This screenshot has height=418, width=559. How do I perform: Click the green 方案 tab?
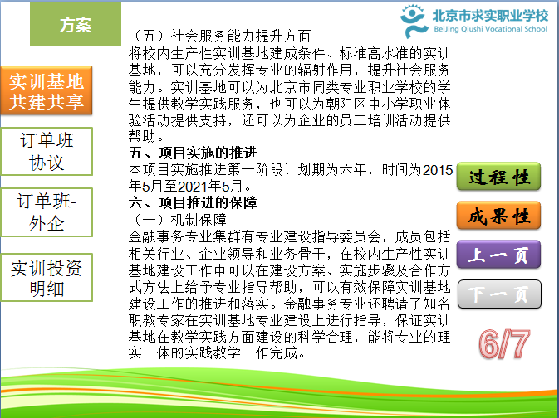(x=76, y=24)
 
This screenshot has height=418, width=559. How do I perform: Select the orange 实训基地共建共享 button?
(x=47, y=90)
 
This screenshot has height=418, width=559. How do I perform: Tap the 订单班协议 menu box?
(x=47, y=151)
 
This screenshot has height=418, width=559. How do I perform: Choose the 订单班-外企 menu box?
(x=47, y=212)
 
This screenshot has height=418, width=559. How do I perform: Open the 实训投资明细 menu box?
(x=47, y=277)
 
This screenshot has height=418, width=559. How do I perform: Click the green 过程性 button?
(x=498, y=177)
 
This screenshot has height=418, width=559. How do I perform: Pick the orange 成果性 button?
(x=498, y=216)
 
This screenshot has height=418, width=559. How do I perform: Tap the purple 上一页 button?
(x=498, y=255)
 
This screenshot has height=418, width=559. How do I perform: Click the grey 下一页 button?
(x=499, y=294)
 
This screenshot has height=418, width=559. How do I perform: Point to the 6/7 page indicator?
(x=504, y=344)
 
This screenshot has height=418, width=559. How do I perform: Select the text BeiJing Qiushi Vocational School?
(x=490, y=29)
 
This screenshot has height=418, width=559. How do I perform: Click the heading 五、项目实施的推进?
(x=193, y=153)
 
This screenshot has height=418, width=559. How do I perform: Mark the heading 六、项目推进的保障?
(x=193, y=202)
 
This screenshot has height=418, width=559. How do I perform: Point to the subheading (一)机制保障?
(x=178, y=220)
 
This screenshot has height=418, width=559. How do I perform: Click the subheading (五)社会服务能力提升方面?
(x=219, y=36)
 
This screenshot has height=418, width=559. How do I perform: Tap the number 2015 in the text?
(x=438, y=170)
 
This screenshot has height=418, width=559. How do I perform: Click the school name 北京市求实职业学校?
(x=491, y=15)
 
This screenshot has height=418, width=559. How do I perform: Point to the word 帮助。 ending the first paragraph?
(x=146, y=136)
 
